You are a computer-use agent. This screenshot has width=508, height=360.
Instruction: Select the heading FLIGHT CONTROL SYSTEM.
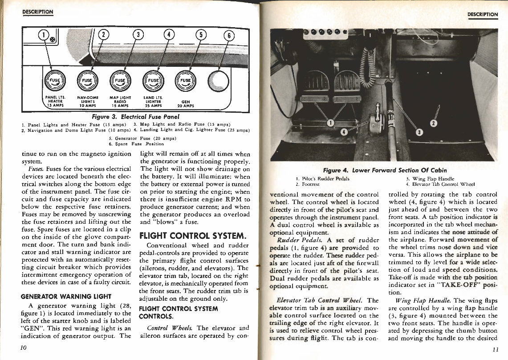(x=193, y=235)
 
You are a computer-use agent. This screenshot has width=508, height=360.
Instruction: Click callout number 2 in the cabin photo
(x=435, y=123)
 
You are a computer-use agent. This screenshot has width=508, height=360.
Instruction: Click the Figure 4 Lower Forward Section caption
(x=385, y=170)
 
